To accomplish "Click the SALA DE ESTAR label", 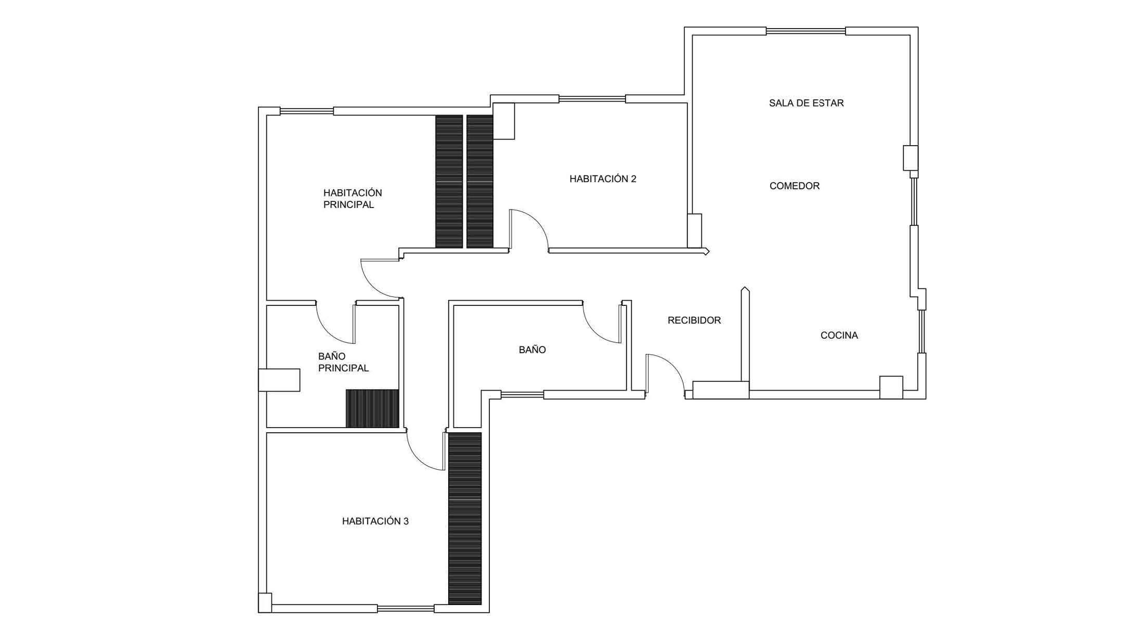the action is (x=806, y=103).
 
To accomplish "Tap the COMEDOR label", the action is (x=795, y=186).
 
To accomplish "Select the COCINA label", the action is (x=839, y=336).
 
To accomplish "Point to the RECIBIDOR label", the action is (x=694, y=320).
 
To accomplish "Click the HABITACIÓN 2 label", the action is (x=603, y=179).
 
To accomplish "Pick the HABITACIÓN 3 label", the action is (x=375, y=521).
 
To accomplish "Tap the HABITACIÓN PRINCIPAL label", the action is (x=353, y=199).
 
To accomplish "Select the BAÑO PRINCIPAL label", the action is (x=343, y=362).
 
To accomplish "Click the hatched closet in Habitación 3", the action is (x=465, y=519).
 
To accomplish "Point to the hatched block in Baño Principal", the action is (x=372, y=408).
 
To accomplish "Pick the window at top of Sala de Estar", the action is (x=805, y=31).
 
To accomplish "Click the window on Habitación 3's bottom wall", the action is (x=406, y=609).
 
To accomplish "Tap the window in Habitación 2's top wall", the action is (x=592, y=99).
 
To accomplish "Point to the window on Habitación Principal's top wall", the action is (x=306, y=111).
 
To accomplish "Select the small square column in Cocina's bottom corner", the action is (x=891, y=388).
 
